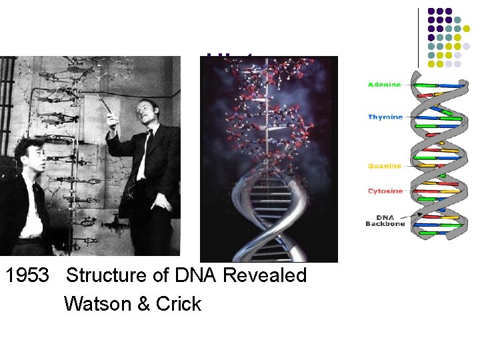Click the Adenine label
point(385,85)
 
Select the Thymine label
point(385,117)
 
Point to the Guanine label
point(385,166)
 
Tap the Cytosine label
point(385,191)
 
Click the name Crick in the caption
point(179,304)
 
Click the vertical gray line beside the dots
point(419,37)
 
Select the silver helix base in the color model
point(267,220)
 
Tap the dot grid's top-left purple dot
point(431,11)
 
